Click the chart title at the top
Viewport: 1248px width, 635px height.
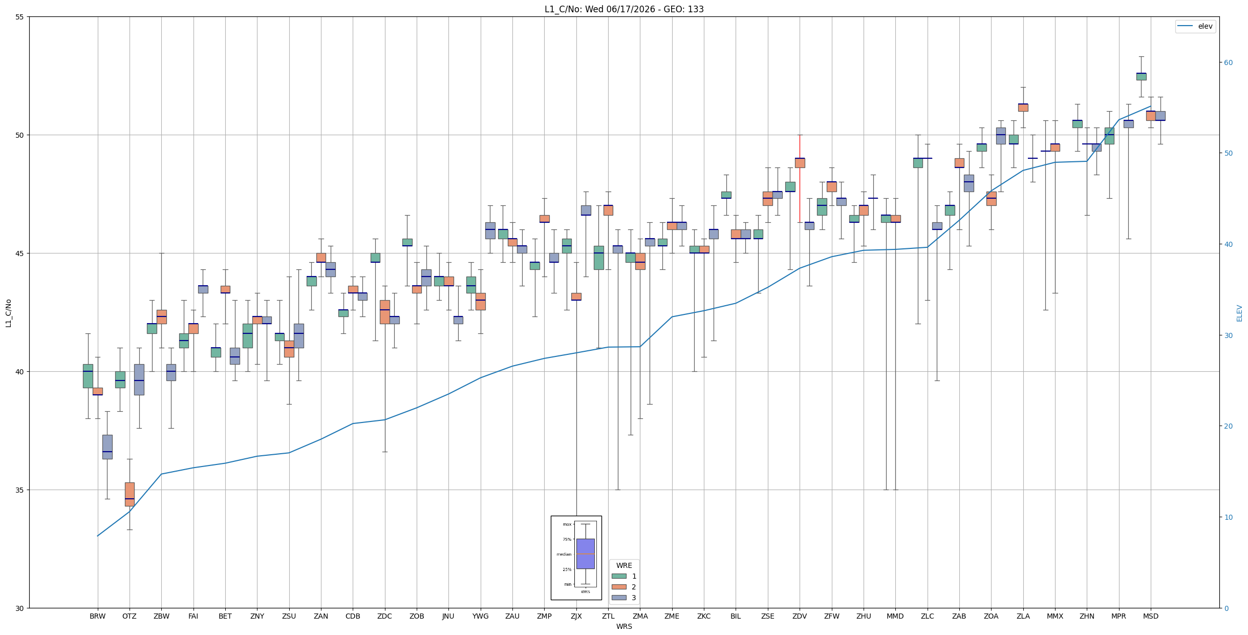pos(624,9)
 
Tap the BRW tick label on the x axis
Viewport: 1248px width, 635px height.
pos(97,616)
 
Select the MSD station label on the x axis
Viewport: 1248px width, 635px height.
pos(1151,616)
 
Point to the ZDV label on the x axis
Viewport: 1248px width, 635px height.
pos(800,616)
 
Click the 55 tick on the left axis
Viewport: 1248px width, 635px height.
pos(20,17)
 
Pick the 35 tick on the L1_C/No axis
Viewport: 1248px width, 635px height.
pos(20,490)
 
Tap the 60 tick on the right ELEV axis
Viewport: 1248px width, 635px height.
pos(1228,62)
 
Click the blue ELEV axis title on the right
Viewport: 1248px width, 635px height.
pos(1239,313)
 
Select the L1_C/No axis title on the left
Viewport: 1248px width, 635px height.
pos(8,313)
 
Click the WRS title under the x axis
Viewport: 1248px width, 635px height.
pos(624,626)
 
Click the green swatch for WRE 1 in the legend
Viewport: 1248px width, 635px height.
pos(619,576)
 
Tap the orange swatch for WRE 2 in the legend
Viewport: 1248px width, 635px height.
pos(619,587)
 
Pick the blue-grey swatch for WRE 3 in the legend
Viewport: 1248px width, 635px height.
pos(619,598)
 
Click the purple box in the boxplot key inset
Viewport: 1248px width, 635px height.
pos(586,554)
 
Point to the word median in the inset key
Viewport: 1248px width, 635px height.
pos(564,554)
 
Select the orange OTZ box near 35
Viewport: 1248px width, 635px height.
pos(130,494)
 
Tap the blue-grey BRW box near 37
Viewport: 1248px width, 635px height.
pos(107,447)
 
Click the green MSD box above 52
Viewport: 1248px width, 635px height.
pos(1141,76)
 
